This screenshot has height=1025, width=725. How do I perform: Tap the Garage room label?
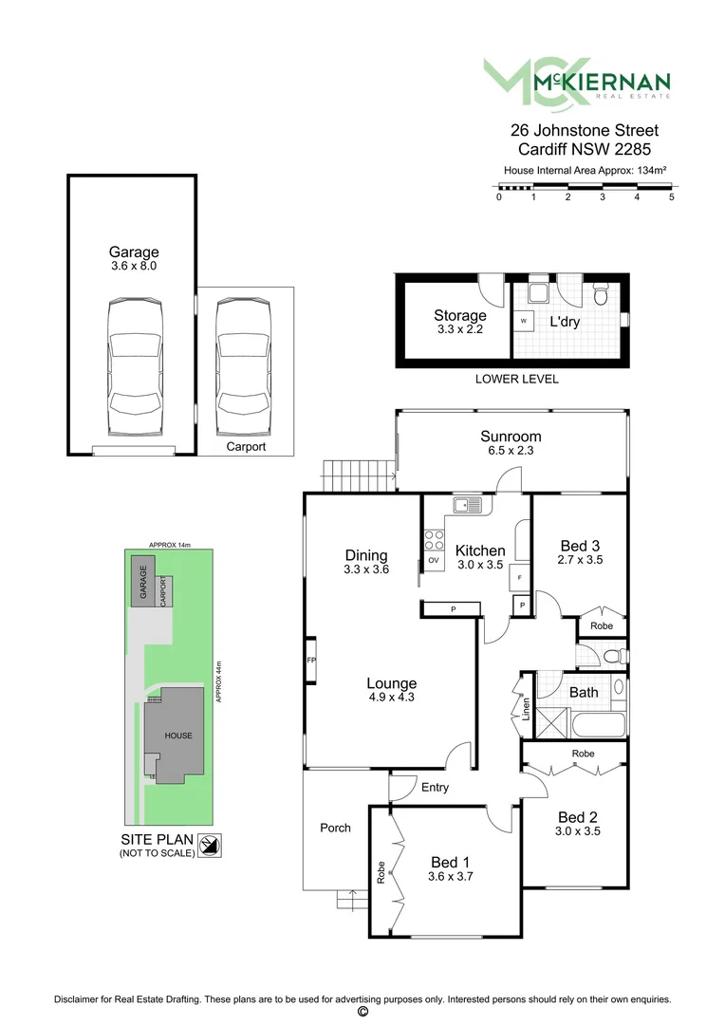click(133, 252)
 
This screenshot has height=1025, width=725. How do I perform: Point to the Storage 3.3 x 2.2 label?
click(460, 322)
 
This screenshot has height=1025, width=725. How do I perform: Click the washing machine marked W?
click(523, 321)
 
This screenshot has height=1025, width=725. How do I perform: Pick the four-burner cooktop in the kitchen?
click(434, 539)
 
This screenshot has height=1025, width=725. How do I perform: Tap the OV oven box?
click(434, 561)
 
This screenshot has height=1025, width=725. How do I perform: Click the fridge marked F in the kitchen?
click(521, 576)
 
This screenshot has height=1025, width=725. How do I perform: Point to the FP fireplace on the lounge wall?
click(310, 660)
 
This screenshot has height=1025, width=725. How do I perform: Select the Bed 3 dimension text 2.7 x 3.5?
click(580, 560)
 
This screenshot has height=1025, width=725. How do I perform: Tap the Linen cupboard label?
click(525, 707)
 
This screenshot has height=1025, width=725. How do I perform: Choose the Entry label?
click(435, 788)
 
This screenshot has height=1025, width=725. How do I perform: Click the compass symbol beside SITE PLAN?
click(214, 845)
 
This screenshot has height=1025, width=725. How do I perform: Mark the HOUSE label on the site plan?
click(178, 736)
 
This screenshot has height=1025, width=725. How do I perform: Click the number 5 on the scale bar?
click(671, 197)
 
